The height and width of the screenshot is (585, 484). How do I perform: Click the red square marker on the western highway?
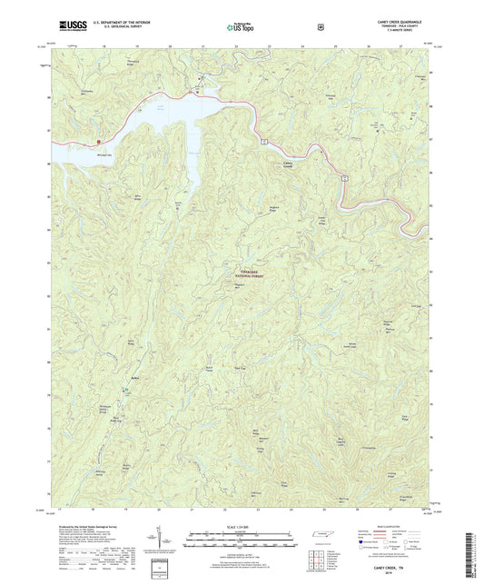click(x=97, y=142)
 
